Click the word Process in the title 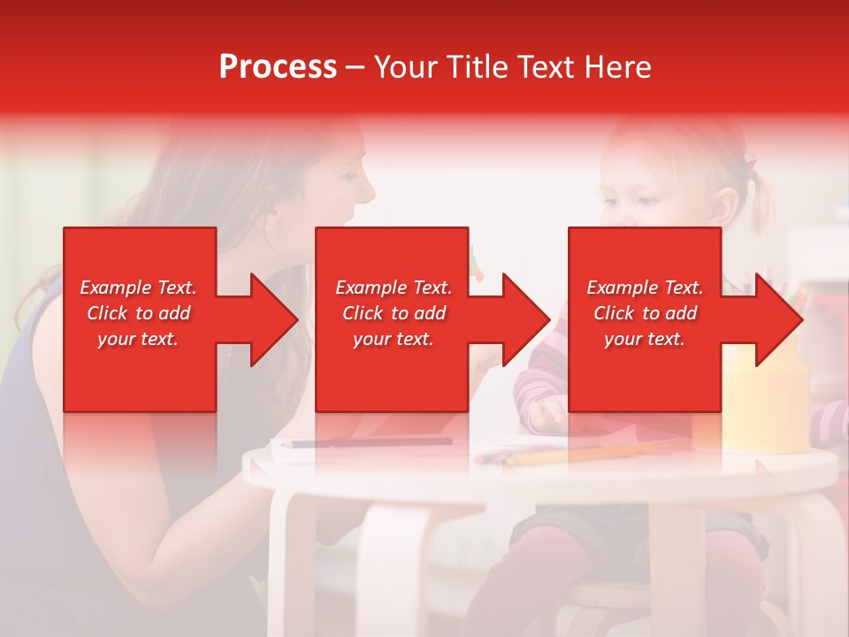pyautogui.click(x=278, y=67)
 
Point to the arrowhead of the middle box pyautogui.click(x=525, y=319)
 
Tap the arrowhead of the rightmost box pyautogui.click(x=778, y=319)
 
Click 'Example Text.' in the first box pyautogui.click(x=139, y=288)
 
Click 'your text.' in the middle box pyautogui.click(x=393, y=339)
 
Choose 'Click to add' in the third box pyautogui.click(x=645, y=313)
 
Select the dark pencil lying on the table pyautogui.click(x=371, y=442)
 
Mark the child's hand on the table pyautogui.click(x=547, y=411)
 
